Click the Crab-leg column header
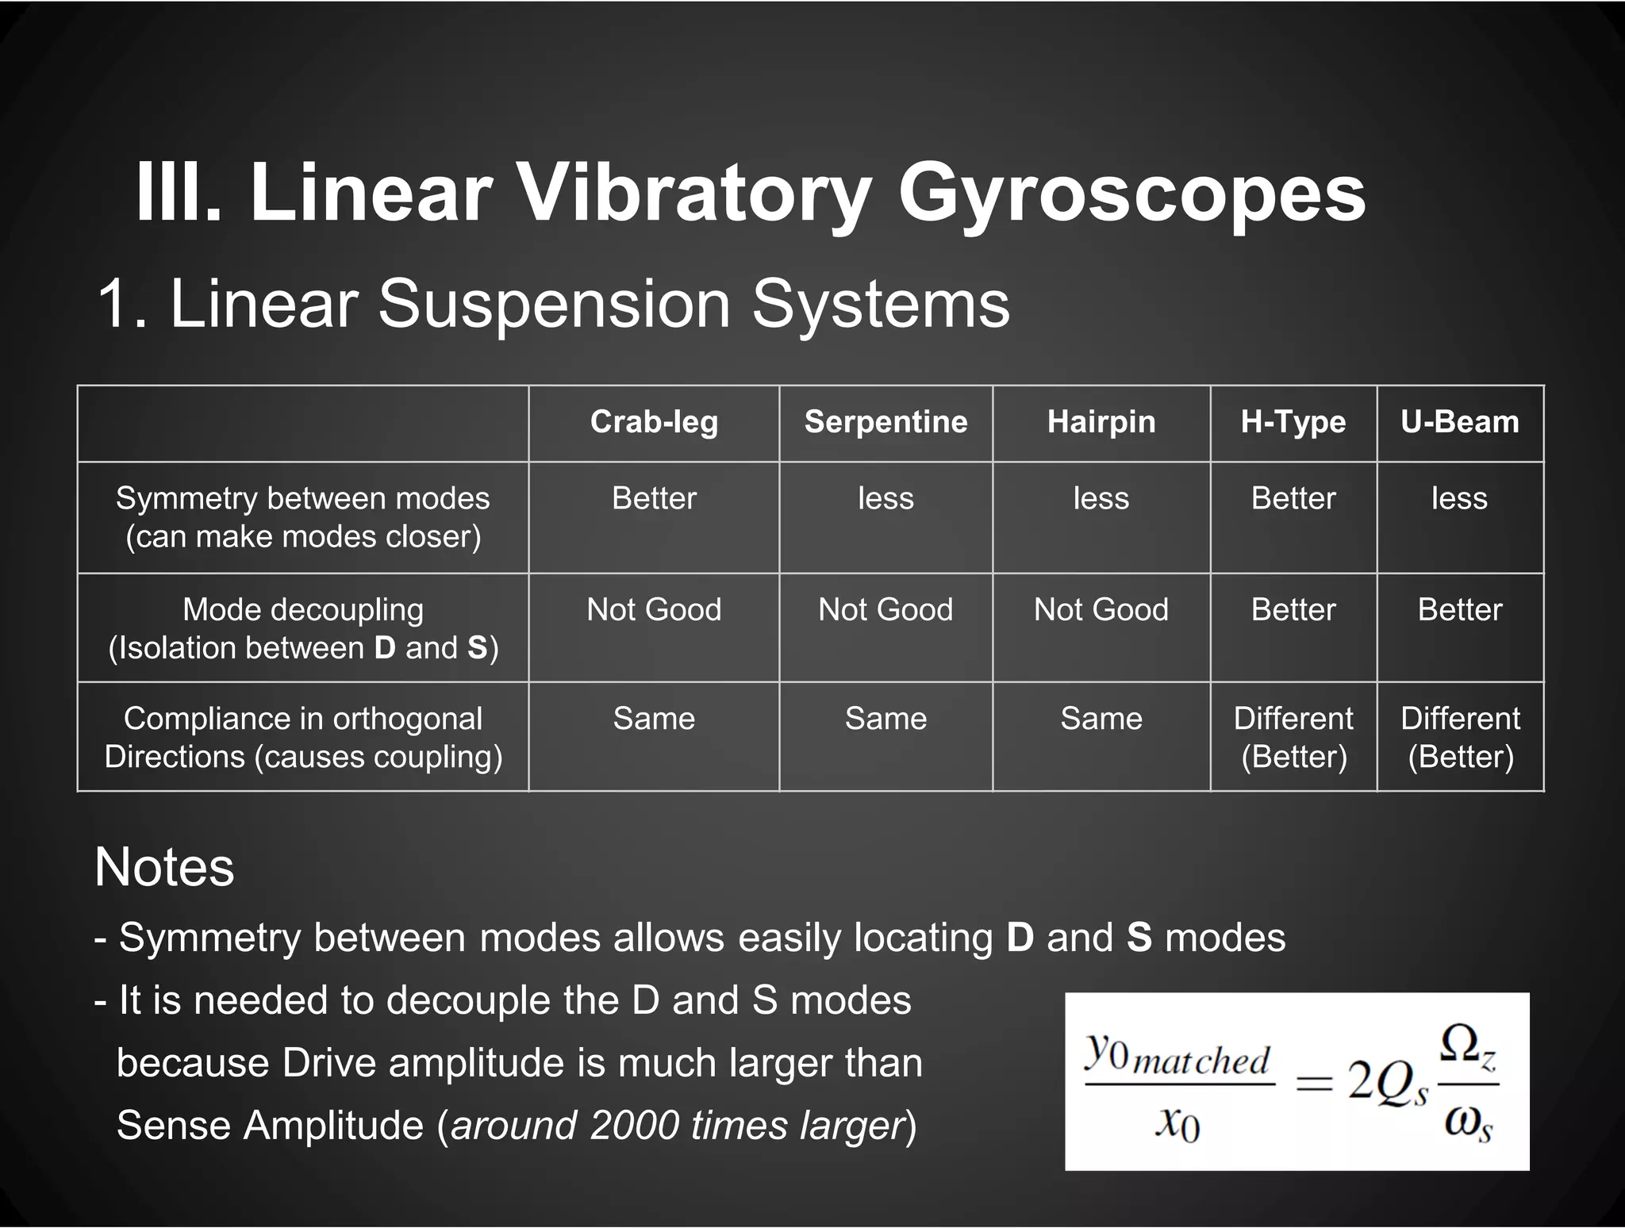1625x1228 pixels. (x=654, y=422)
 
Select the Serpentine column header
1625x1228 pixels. (x=885, y=422)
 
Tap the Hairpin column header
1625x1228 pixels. (x=1101, y=422)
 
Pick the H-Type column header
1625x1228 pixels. (x=1293, y=422)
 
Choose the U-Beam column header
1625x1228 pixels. (x=1460, y=422)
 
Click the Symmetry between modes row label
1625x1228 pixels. (x=303, y=517)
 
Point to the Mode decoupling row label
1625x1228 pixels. (x=303, y=628)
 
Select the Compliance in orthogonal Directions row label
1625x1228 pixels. (x=303, y=737)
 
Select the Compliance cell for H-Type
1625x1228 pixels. (x=1293, y=737)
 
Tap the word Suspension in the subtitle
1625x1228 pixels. (x=554, y=303)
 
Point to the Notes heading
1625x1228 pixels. (x=164, y=866)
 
